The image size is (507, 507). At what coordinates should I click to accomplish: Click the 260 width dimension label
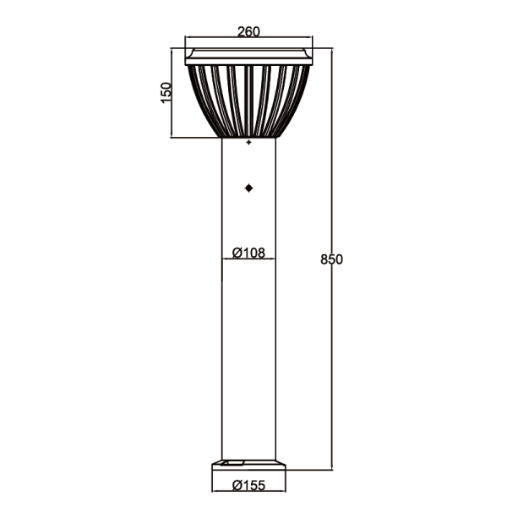pyautogui.click(x=248, y=32)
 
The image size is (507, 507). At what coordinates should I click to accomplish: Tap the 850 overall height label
pyautogui.click(x=331, y=259)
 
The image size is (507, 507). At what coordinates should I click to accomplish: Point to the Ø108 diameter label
pyautogui.click(x=248, y=252)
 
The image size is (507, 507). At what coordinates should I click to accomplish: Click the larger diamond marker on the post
pyautogui.click(x=248, y=188)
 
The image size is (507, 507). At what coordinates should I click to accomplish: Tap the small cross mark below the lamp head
pyautogui.click(x=248, y=144)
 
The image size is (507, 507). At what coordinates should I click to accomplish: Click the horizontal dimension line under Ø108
pyautogui.click(x=248, y=259)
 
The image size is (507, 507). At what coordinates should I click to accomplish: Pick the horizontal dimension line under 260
pyautogui.click(x=248, y=39)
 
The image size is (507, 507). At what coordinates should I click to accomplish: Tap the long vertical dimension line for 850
pyautogui.click(x=330, y=355)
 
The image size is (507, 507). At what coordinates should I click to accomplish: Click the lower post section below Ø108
pyautogui.click(x=248, y=363)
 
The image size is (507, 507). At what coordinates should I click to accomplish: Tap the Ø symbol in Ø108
pyautogui.click(x=237, y=252)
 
